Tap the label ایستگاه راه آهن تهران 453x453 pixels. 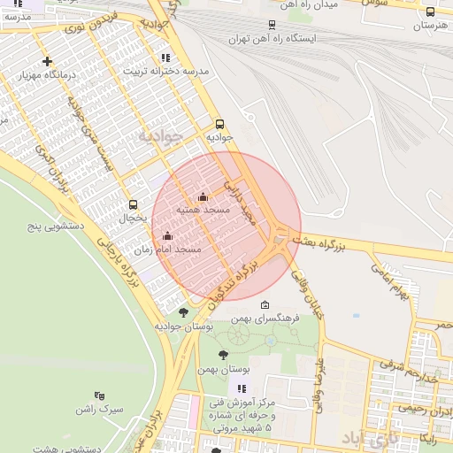click(271, 39)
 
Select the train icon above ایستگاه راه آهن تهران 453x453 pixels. click(271, 26)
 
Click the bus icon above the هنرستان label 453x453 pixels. click(430, 12)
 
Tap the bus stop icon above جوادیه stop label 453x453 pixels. click(219, 124)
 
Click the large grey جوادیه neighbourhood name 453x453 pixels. click(160, 136)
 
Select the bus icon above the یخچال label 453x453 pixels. click(133, 204)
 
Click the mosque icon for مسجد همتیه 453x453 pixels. click(203, 197)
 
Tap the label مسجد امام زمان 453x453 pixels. click(178, 250)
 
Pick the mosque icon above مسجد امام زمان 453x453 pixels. click(168, 235)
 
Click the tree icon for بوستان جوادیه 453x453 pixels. click(183, 311)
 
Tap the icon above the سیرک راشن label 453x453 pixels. click(98, 395)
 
